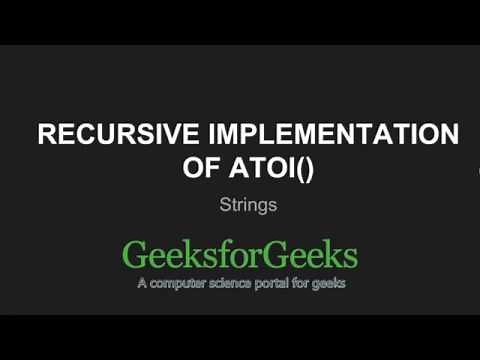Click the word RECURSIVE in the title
point(111,137)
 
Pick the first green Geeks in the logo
point(167,256)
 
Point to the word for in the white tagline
point(313,283)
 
